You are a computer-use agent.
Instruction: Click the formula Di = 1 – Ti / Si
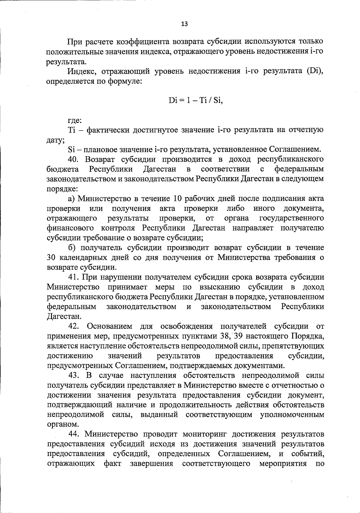tap(196, 100)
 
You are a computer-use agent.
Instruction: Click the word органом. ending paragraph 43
tap(59, 424)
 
